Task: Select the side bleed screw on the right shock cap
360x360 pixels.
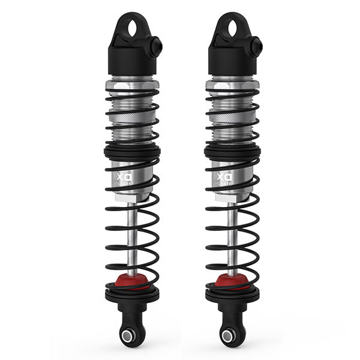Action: point(257,46)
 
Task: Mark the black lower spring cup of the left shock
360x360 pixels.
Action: point(132,295)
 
